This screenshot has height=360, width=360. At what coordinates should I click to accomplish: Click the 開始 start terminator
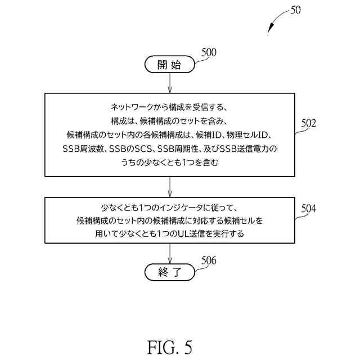click(169, 65)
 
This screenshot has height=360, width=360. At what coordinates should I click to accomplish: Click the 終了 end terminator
click(169, 273)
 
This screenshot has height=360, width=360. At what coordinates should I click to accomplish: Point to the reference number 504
click(308, 209)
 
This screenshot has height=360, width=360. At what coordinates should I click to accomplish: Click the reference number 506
click(209, 260)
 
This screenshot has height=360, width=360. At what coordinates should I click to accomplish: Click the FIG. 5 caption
click(169, 346)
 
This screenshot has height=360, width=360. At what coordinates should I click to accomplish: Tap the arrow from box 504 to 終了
click(169, 254)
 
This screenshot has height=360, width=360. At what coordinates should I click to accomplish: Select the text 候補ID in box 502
click(209, 135)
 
